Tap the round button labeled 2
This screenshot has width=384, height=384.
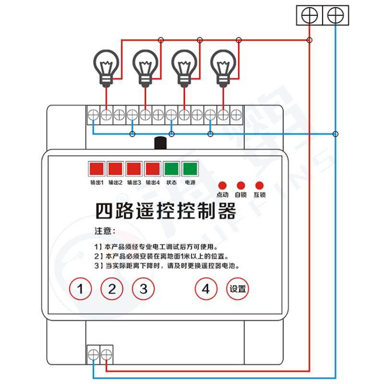(x=112, y=289)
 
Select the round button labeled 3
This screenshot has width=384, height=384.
(x=144, y=289)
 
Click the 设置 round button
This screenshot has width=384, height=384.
(x=238, y=289)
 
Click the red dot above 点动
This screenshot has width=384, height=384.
(x=222, y=185)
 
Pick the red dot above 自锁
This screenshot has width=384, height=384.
(x=241, y=185)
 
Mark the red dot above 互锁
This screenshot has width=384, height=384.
(x=260, y=185)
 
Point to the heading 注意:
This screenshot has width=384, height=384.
(x=105, y=231)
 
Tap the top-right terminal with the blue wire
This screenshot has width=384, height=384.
(x=336, y=15)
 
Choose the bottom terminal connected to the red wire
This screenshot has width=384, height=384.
(x=107, y=356)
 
